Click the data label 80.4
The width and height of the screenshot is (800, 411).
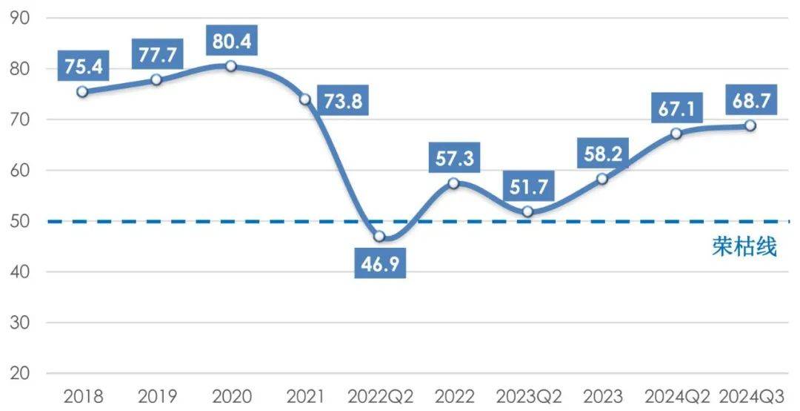[231, 42]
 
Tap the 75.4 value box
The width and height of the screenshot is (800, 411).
[83, 68]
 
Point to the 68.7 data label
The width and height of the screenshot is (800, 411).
[750, 99]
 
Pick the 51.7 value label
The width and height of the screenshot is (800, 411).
[527, 187]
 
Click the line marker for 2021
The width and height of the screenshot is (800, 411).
[305, 99]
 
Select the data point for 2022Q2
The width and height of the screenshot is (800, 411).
[379, 237]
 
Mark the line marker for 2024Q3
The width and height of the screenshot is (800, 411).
[750, 125]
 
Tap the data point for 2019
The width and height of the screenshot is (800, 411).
[156, 79]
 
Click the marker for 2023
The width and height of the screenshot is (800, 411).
[601, 179]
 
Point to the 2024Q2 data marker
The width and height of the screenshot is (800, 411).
[676, 134]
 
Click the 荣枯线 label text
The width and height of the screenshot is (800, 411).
[744, 247]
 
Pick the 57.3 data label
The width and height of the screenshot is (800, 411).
[453, 157]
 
